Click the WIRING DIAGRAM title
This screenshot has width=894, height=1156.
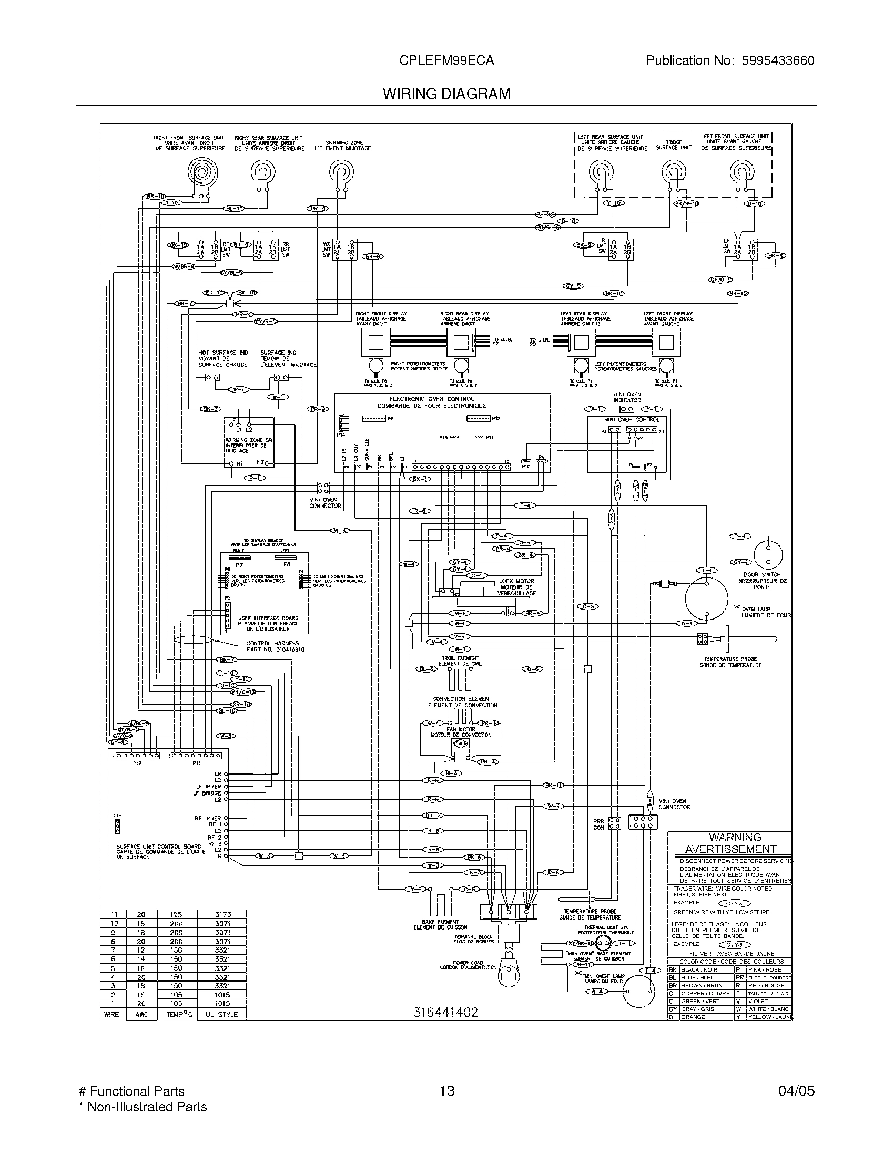447,94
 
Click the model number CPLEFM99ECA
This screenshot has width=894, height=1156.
447,60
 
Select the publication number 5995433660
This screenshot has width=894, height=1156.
777,60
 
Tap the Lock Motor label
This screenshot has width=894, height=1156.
516,581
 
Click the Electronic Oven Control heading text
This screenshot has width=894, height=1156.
432,402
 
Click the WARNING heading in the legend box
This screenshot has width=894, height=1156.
735,838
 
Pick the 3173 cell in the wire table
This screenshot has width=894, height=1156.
223,914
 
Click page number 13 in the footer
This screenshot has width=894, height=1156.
447,1090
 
